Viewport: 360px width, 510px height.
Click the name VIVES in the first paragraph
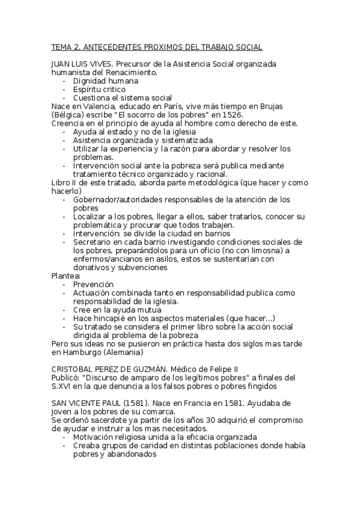click(100, 63)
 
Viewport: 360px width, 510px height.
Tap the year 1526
click(231, 114)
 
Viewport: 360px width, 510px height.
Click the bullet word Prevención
click(93, 284)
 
